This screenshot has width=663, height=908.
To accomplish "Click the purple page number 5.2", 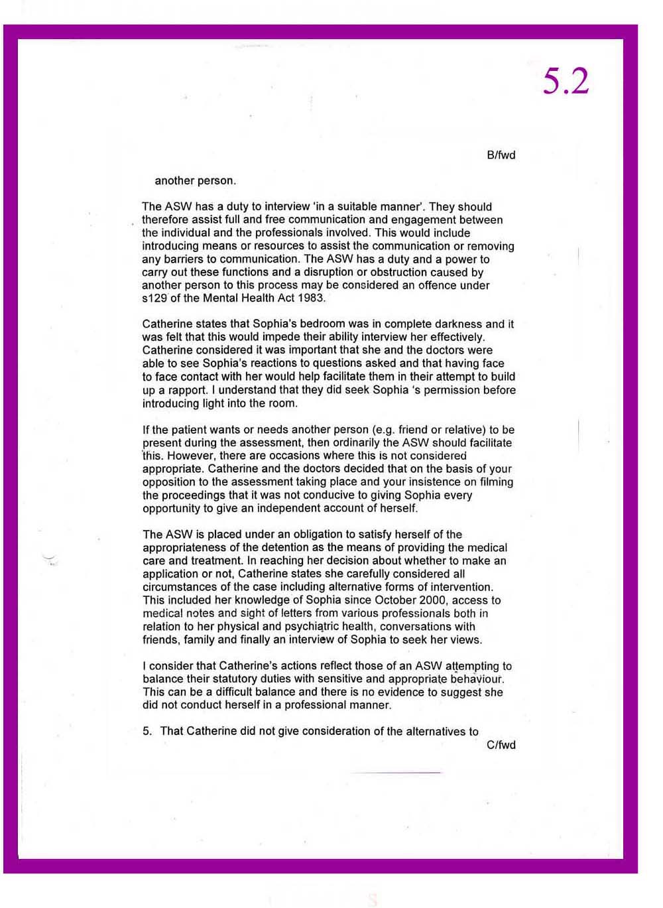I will (566, 82).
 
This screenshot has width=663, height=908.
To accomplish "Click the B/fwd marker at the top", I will (501, 155).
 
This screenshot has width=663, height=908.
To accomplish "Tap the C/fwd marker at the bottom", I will (501, 745).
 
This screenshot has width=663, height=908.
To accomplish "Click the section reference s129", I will (155, 298).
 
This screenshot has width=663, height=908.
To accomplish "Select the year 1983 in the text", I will (311, 298).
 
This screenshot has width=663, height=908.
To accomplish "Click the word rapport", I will (187, 390).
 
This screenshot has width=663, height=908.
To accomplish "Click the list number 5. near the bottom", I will (147, 732).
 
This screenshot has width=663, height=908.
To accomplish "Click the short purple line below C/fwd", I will (396, 773).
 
